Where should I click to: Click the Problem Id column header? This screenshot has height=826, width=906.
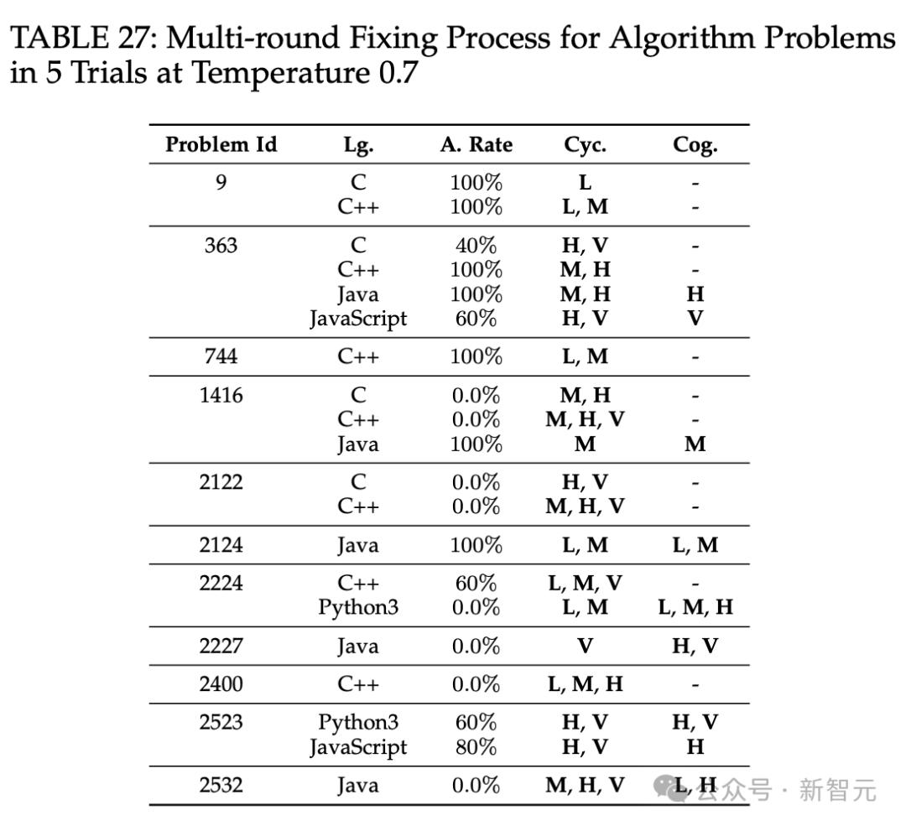click(221, 145)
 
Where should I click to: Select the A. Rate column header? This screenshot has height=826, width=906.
click(476, 145)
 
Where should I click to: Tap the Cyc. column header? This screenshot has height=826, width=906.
click(585, 145)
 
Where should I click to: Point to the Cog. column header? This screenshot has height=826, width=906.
click(695, 145)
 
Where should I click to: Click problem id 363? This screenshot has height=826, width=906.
click(221, 246)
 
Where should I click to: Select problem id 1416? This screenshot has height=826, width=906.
click(221, 395)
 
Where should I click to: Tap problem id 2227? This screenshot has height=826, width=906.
click(221, 646)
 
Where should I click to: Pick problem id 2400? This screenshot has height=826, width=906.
click(221, 684)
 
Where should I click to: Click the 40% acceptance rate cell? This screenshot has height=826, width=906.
click(476, 246)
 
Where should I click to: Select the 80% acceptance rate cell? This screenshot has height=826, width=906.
click(476, 746)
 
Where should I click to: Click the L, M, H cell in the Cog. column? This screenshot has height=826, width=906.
click(695, 607)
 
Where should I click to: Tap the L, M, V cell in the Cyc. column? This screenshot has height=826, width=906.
click(585, 583)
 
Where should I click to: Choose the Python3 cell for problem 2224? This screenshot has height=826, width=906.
click(358, 607)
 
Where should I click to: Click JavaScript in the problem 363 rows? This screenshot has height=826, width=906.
click(358, 319)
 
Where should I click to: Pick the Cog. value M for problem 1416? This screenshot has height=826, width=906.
click(695, 444)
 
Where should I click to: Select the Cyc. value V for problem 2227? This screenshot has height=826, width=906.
click(585, 646)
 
